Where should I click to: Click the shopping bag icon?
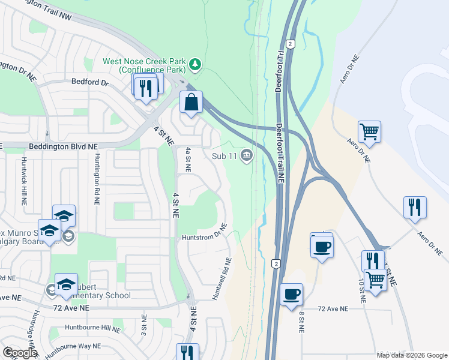(191, 102)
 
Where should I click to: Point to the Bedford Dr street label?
(89, 82)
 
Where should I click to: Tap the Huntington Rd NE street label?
(96, 179)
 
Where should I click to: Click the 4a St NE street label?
(188, 160)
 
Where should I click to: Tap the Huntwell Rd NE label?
(221, 278)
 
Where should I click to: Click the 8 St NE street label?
(301, 325)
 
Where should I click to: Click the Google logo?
(20, 353)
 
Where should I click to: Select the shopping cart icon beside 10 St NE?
(376, 279)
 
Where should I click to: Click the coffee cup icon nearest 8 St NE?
(292, 295)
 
